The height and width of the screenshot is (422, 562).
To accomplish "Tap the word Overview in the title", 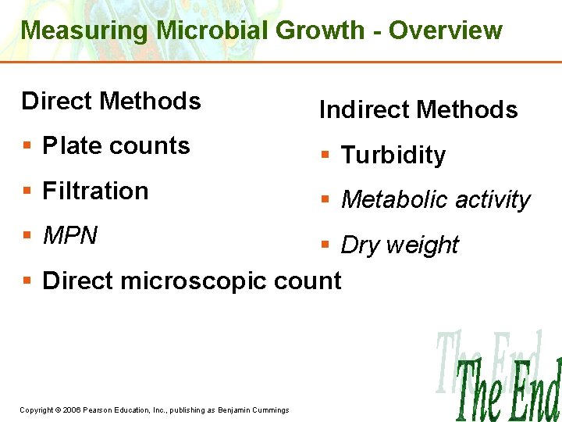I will [x=446, y=30].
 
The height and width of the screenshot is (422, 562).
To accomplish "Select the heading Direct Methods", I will [x=112, y=102].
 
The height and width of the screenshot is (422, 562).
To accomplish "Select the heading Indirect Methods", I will [x=418, y=110].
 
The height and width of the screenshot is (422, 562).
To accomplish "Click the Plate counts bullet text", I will [x=116, y=146].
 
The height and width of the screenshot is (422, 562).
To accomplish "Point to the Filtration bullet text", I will [x=95, y=191].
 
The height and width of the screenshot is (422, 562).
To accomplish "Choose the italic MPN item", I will [x=70, y=235].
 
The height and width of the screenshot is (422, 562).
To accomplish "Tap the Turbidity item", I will [x=393, y=156].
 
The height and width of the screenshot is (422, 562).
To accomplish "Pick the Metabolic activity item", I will [x=436, y=200].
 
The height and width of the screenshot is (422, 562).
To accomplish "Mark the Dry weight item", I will [x=400, y=245].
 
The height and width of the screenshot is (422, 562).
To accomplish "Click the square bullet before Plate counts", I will [x=27, y=147].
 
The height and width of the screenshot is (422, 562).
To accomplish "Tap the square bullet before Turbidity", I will [x=325, y=156].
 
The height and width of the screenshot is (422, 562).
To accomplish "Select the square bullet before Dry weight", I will [x=325, y=246].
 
